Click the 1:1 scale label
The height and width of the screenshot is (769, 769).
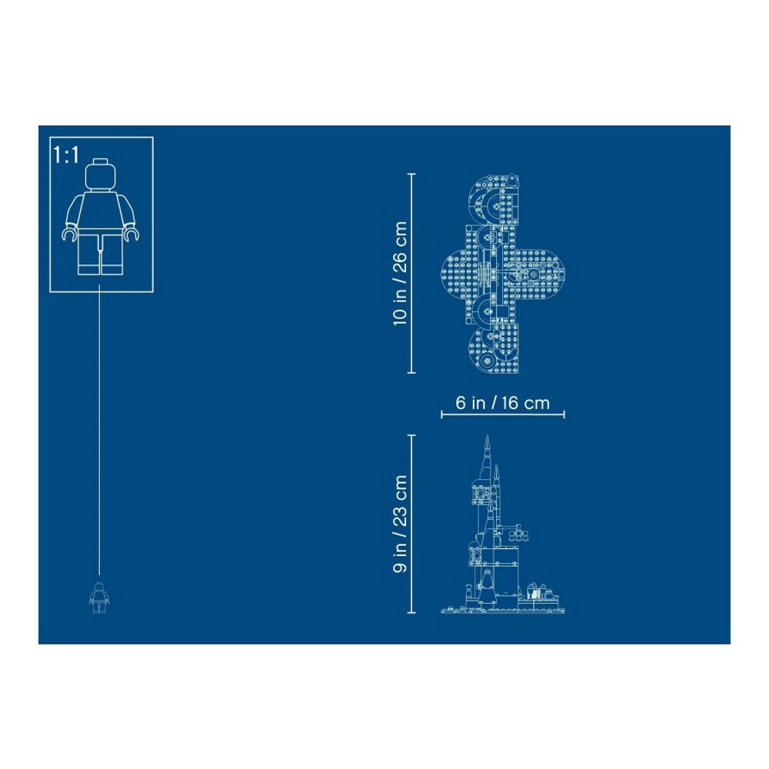coord(66,155)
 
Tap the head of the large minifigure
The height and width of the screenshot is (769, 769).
coord(101,175)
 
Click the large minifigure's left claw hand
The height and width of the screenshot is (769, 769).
coord(69,235)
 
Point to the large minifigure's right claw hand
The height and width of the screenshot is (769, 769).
coord(131,235)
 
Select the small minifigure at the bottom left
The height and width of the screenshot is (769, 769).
coord(99,598)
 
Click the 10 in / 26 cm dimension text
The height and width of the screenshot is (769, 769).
coord(400,273)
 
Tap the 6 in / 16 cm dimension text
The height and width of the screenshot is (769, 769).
coord(502,403)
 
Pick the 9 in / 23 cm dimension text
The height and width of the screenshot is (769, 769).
coord(400,524)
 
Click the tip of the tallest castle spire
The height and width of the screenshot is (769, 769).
coord(487,436)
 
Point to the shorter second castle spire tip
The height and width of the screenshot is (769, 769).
coord(497,467)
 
